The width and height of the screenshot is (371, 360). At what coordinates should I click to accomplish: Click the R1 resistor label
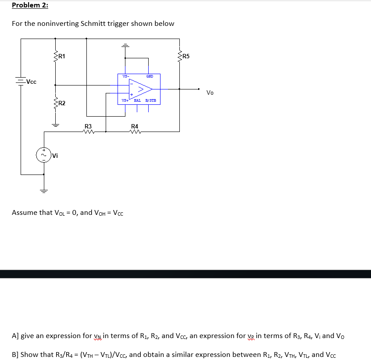(62, 56)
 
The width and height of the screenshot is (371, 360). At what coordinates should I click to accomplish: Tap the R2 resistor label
(62, 103)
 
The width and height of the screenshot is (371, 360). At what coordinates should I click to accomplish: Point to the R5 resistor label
(186, 56)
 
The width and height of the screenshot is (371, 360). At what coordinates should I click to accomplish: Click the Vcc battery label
(31, 82)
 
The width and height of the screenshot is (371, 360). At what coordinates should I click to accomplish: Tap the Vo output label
(210, 93)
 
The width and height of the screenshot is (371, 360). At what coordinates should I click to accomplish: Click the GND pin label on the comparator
(150, 76)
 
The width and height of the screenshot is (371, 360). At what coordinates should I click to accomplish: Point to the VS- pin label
(125, 76)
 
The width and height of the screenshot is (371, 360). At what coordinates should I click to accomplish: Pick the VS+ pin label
(125, 101)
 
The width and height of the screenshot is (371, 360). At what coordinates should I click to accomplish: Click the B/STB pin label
(150, 101)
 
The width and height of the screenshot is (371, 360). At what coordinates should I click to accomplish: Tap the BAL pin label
(137, 101)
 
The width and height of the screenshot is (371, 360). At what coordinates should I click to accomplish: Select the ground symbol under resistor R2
(56, 125)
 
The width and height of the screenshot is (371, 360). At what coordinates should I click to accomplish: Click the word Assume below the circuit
(25, 213)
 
